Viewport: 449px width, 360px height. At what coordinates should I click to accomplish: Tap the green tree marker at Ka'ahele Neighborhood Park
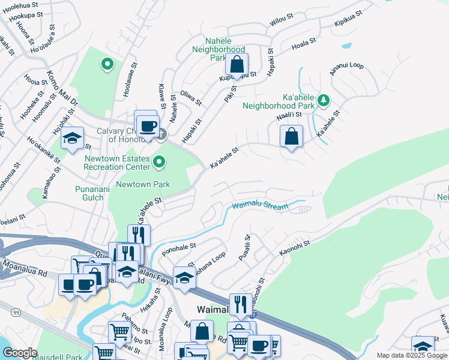click(324, 100)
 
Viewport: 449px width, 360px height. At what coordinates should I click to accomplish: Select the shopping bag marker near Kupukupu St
click(237, 65)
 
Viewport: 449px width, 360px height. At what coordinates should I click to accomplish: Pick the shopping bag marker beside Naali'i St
click(291, 136)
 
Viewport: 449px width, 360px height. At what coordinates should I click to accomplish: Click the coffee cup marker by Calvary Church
click(147, 127)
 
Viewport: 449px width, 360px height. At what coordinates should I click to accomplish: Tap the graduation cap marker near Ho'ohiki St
click(71, 139)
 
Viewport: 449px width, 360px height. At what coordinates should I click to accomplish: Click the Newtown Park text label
click(143, 185)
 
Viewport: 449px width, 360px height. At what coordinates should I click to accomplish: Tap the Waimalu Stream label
click(259, 206)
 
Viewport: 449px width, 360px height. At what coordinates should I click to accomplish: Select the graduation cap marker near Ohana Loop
click(185, 278)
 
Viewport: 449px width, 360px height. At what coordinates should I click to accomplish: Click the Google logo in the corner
click(20, 353)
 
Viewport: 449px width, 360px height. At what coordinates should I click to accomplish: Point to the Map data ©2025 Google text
click(411, 355)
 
